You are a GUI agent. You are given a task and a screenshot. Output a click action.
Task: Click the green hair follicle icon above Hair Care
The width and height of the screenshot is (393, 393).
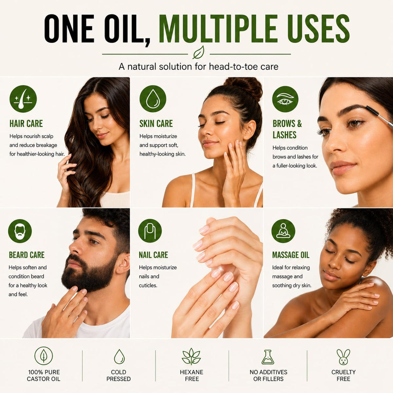(23, 99)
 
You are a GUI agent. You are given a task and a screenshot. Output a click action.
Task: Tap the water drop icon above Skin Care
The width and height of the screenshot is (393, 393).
(153, 99)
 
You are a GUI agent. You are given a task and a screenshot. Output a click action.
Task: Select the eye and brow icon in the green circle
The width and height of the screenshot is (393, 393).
(285, 99)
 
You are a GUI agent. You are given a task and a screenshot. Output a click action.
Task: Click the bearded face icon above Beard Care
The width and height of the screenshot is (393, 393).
(20, 231)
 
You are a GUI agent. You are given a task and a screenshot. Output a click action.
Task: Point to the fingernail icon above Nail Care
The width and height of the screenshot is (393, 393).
(150, 231)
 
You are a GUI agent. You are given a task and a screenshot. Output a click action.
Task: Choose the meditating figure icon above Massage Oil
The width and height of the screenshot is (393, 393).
(283, 231)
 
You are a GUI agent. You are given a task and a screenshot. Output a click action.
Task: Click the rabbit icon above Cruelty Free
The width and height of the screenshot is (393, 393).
(343, 357)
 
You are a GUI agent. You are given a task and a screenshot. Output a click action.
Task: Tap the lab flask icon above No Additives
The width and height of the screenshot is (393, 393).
(268, 357)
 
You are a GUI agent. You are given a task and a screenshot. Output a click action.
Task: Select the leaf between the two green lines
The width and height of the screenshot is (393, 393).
(199, 52)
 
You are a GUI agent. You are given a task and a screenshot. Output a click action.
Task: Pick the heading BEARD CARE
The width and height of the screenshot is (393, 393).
(27, 255)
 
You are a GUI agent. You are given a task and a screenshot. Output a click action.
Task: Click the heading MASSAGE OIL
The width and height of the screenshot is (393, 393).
(290, 255)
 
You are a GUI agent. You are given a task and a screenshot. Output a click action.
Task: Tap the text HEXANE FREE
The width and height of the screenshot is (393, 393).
(192, 375)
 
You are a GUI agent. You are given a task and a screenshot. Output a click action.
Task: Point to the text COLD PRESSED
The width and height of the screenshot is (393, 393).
(119, 375)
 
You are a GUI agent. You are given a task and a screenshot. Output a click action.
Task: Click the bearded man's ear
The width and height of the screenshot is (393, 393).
(123, 264)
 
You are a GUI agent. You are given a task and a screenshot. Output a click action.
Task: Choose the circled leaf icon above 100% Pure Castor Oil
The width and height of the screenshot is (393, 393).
(44, 356)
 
